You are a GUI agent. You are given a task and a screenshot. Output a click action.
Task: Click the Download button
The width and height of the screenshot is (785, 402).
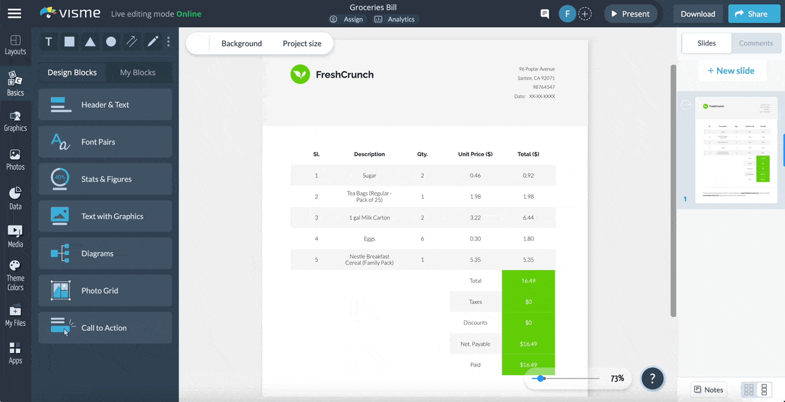[x=697, y=14]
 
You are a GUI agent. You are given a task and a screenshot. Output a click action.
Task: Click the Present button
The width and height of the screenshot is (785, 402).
[x=630, y=14]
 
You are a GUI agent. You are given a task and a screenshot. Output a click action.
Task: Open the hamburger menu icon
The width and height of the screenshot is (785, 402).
[x=14, y=13]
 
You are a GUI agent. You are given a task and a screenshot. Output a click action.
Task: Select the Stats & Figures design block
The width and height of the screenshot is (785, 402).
[x=105, y=179]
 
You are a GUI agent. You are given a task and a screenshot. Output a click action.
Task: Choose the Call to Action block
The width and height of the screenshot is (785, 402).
[x=105, y=328]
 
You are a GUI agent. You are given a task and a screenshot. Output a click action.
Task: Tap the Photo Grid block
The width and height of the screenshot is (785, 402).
[x=105, y=291]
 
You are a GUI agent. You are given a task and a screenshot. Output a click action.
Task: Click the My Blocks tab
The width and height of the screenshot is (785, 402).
[x=137, y=73]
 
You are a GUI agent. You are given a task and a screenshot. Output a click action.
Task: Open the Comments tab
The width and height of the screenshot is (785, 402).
[x=756, y=43]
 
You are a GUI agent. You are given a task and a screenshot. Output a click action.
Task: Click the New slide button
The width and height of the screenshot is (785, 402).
[x=731, y=71]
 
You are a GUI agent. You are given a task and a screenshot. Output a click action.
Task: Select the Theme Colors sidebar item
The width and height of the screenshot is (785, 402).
[x=15, y=275]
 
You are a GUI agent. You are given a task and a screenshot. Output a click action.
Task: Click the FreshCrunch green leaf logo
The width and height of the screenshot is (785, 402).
[x=300, y=75]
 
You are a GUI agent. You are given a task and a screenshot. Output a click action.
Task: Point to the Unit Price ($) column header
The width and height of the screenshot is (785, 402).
[x=475, y=154]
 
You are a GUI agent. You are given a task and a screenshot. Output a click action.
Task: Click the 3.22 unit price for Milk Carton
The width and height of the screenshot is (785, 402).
[x=475, y=218]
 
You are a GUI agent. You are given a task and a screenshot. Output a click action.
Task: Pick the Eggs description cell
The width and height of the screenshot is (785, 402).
[x=369, y=239]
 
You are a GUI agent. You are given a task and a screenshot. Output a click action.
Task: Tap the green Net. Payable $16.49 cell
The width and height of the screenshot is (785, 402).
[x=528, y=344]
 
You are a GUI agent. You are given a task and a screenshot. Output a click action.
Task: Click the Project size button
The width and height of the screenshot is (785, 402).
[x=302, y=44]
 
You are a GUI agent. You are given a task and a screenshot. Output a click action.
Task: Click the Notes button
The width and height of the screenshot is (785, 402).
[x=708, y=390]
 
